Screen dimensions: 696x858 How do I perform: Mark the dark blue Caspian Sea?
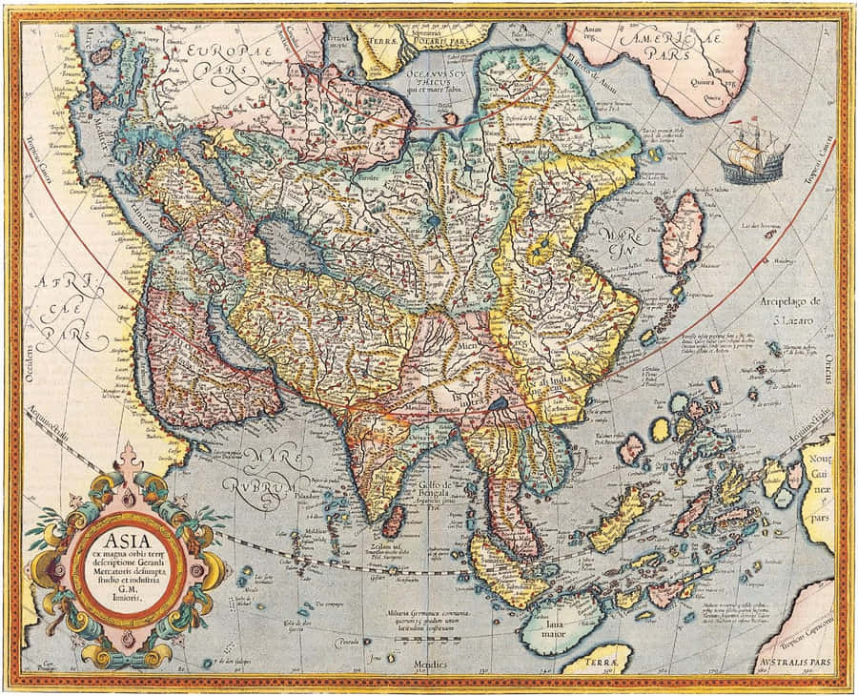pyautogui.click(x=290, y=244)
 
